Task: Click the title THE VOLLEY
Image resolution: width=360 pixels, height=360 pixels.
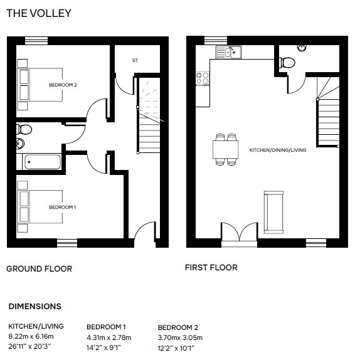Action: (39, 13)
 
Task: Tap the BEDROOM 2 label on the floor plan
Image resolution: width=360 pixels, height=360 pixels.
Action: (63, 85)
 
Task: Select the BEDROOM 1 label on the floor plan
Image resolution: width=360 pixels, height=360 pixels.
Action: (63, 207)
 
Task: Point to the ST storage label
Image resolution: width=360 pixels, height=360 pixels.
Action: (135, 60)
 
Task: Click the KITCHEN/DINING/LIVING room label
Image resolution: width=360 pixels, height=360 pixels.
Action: (278, 150)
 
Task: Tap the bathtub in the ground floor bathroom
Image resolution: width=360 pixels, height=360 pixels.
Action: (43, 162)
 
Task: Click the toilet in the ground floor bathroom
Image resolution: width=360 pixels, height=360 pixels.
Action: (24, 129)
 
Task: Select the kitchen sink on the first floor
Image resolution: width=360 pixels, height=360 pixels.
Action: (228, 52)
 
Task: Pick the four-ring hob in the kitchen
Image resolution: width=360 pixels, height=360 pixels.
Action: (203, 78)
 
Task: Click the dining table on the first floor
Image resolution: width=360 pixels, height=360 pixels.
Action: (225, 150)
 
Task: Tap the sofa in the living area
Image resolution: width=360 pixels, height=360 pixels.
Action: (273, 213)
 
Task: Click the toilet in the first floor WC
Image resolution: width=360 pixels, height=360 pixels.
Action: (287, 63)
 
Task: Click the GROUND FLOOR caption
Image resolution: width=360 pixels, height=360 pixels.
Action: (40, 269)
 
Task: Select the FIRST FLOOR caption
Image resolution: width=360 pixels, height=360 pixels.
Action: (211, 268)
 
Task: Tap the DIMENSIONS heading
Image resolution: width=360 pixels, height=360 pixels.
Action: (35, 307)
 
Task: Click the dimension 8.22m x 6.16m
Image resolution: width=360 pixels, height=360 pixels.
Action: (31, 337)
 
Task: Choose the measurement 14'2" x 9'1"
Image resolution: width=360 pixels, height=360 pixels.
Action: (103, 347)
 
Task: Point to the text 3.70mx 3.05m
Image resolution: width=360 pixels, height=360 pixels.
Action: (180, 337)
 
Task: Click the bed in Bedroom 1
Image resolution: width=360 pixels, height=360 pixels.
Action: (40, 206)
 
